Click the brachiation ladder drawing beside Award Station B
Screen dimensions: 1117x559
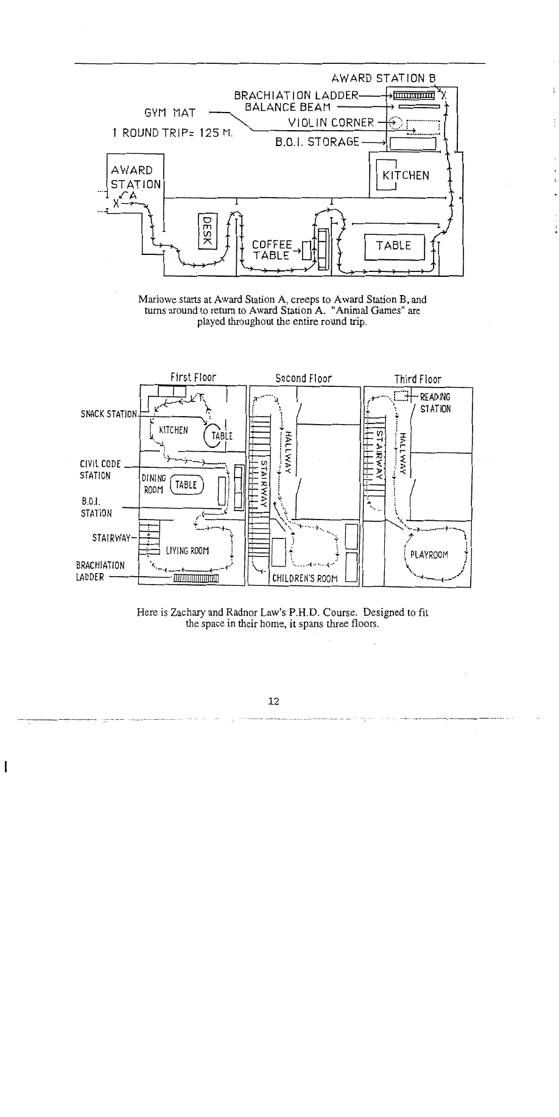pyautogui.click(x=413, y=95)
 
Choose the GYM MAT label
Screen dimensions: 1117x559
pyautogui.click(x=169, y=113)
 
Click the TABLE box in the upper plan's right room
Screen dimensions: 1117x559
pyautogui.click(x=393, y=246)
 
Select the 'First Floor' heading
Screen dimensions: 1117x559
pyautogui.click(x=193, y=378)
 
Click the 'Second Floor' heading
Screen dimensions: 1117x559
pyautogui.click(x=303, y=378)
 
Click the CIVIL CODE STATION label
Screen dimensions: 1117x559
pyautogui.click(x=97, y=470)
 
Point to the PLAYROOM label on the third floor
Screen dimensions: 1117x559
pyautogui.click(x=429, y=555)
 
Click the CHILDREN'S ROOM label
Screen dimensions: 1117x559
pyautogui.click(x=304, y=578)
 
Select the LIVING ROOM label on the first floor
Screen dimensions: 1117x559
pyautogui.click(x=187, y=551)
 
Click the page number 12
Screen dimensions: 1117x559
pyautogui.click(x=273, y=701)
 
